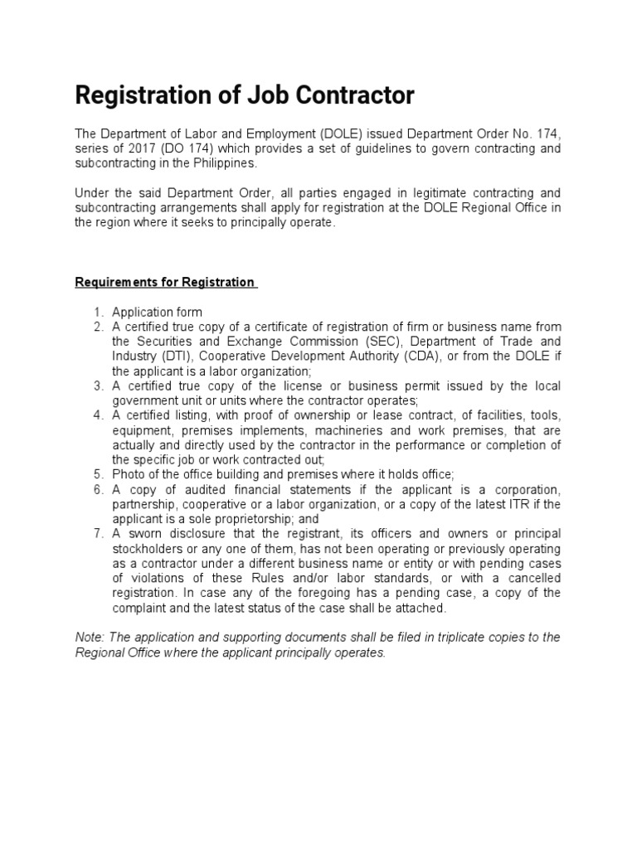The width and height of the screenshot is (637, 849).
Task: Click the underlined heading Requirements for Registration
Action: tap(166, 282)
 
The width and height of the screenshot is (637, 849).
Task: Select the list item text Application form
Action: tap(157, 313)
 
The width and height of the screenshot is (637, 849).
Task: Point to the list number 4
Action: tap(98, 415)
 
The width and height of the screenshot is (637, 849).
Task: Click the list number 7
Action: tap(98, 533)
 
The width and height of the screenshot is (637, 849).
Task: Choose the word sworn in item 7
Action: tap(143, 533)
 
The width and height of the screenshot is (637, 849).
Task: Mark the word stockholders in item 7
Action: tap(146, 548)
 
